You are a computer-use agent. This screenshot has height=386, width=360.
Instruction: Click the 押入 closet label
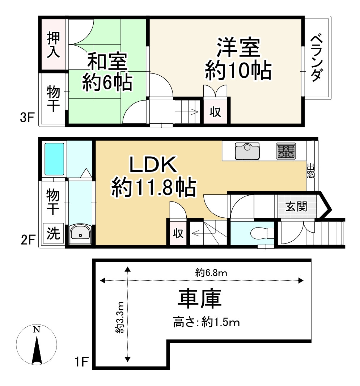tap(53, 44)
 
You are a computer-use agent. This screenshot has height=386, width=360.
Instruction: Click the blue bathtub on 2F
tap(54, 159)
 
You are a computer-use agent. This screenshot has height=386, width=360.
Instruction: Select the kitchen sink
tap(247, 151)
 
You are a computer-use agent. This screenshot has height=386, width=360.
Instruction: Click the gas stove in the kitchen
tap(286, 151)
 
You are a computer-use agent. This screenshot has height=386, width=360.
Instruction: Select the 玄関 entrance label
tap(296, 207)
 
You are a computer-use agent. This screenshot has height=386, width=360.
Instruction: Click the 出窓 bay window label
tap(310, 171)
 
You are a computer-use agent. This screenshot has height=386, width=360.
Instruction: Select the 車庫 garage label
tap(199, 300)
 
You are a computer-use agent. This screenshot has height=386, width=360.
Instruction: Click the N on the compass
tap(36, 329)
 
